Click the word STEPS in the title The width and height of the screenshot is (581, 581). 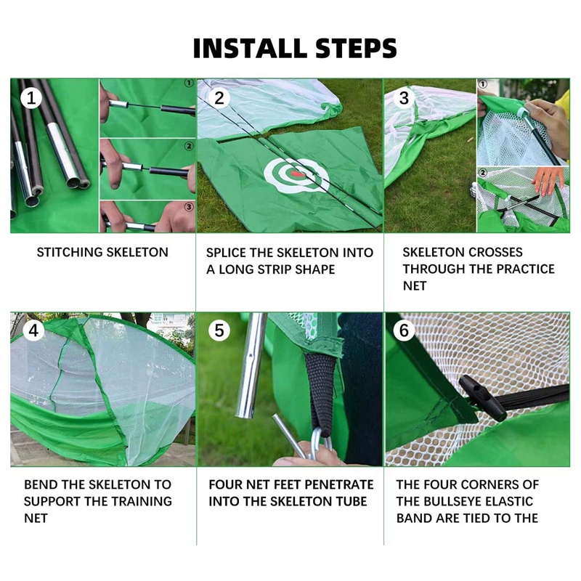(356, 48)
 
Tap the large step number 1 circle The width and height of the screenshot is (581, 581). (31, 98)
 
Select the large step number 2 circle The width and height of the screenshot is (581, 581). (219, 98)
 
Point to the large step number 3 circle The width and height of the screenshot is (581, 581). (404, 98)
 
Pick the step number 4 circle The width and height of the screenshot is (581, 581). (33, 330)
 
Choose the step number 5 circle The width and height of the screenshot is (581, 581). (219, 330)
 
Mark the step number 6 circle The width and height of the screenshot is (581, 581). (404, 330)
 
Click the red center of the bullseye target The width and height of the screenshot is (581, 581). (297, 173)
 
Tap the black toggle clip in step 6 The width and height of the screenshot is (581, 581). (482, 397)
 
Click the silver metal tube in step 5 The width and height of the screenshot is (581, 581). (251, 365)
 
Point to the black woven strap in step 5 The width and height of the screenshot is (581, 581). (322, 393)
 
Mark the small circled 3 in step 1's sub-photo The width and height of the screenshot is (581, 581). (189, 207)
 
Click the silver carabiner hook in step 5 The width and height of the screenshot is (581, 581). (320, 443)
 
